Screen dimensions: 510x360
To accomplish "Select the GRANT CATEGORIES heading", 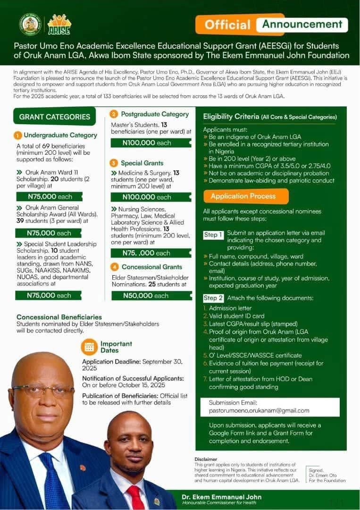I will [x=55, y=117].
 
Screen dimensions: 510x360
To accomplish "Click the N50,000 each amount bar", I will [x=151, y=296].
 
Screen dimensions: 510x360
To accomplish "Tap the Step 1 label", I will [x=213, y=235].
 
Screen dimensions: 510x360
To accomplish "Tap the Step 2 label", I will [x=213, y=298].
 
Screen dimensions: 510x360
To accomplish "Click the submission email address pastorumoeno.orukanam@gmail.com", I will [x=259, y=410].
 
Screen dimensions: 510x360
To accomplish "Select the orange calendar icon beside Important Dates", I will [x=89, y=347].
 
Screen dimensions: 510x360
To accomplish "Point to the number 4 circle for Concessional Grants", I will [x=114, y=267].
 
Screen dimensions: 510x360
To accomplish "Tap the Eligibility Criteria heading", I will [x=231, y=117].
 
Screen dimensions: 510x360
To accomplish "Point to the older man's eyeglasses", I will [x=42, y=390].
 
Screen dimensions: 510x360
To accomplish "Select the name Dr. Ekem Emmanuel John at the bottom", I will [x=221, y=497].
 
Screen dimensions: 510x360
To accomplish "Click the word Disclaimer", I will [x=206, y=459].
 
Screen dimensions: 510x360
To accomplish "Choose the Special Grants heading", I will [x=142, y=163].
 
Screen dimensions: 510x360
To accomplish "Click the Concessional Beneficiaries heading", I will [x=59, y=317].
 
